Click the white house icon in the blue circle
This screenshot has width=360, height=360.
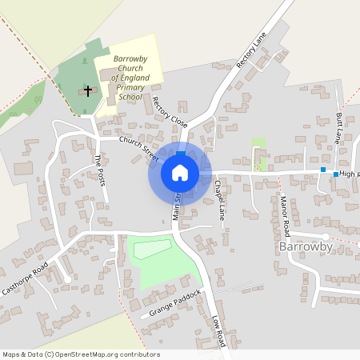[180, 172]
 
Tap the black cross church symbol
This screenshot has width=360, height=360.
[87, 91]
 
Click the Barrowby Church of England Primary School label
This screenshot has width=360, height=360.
[129, 78]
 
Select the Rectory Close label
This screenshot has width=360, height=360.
[169, 111]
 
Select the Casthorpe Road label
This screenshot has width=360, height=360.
[26, 278]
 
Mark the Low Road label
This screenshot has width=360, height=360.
[219, 330]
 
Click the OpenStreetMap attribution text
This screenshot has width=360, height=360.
[81, 354]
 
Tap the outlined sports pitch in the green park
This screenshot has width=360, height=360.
[152, 248]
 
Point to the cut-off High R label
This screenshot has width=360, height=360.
[349, 173]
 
